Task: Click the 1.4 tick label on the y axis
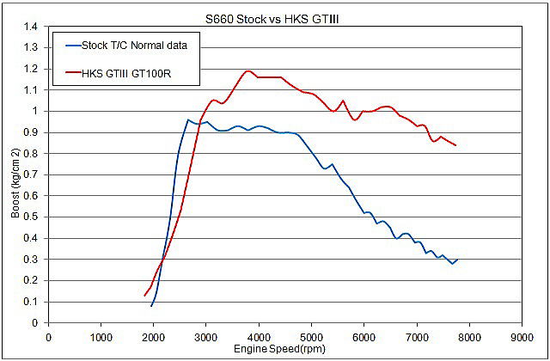pos(31,27)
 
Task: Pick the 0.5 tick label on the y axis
pos(31,217)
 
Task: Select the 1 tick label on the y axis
pos(35,111)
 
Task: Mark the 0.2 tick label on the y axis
pos(31,280)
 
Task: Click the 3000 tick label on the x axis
pos(206,336)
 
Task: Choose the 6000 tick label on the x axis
pos(364,336)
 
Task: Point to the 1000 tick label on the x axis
pos(101,336)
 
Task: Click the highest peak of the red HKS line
pos(248,70)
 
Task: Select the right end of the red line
pos(455,145)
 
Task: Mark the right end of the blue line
pos(457,259)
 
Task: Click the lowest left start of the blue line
pos(151,306)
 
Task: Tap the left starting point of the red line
pos(144,296)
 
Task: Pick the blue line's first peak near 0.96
pos(188,119)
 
